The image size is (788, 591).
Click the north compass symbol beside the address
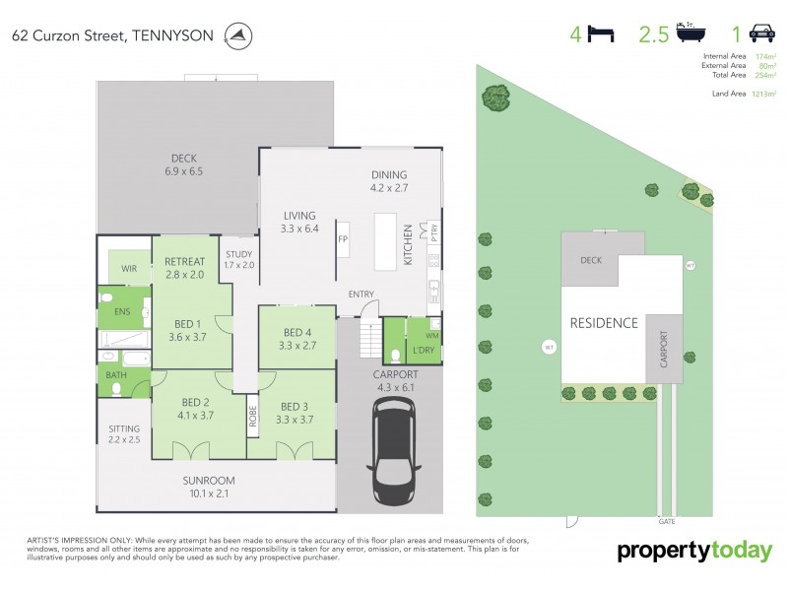coord(237,36)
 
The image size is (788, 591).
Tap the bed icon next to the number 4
coord(600,35)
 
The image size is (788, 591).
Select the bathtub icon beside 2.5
coord(690,35)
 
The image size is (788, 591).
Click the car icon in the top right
coord(761,35)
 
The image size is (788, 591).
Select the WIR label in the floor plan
coord(128,268)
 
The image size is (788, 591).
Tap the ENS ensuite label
coord(122,312)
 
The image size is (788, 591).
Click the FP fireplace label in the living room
coord(343,239)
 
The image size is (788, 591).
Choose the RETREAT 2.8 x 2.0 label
coord(184,267)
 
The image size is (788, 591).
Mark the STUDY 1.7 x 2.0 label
coord(238,259)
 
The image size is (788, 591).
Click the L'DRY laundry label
coord(425,352)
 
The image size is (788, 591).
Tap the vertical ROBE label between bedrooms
coord(252,417)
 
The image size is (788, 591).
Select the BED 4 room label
coord(297,339)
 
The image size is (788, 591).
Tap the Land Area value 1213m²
coord(764,93)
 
